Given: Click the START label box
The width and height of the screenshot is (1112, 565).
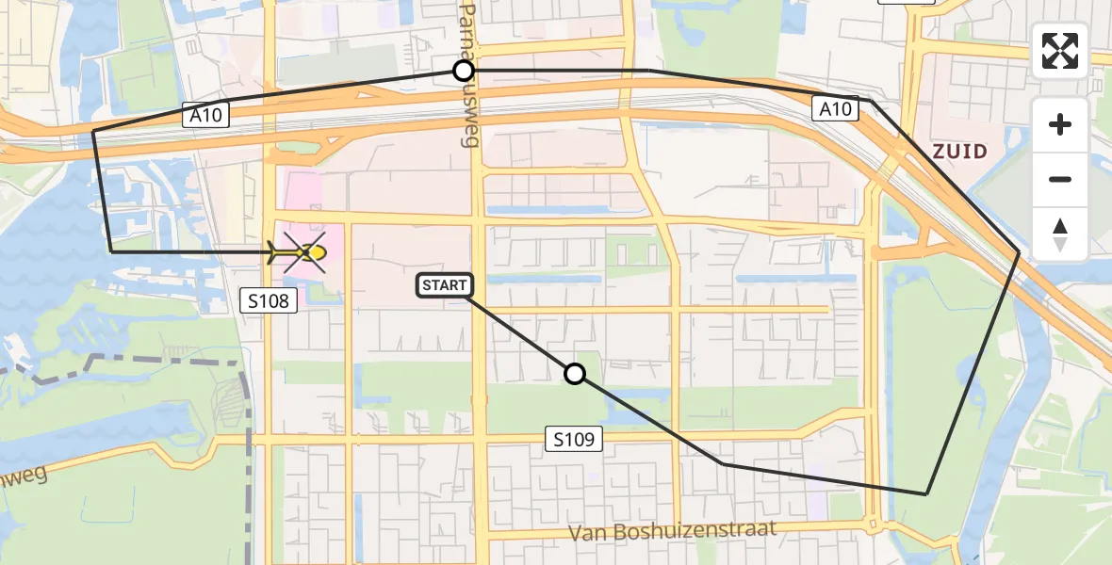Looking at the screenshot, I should click(443, 284).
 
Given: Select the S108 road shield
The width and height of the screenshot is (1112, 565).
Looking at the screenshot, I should click(269, 300).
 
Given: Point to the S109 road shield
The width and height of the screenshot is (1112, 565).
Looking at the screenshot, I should click(573, 438).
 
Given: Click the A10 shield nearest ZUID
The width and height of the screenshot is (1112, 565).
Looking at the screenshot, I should click(835, 109).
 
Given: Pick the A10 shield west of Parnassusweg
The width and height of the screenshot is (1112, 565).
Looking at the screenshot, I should click(204, 116).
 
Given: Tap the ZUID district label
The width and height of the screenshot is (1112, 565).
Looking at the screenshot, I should click(959, 152).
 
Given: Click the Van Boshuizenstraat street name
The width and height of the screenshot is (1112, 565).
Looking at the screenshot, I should click(672, 531).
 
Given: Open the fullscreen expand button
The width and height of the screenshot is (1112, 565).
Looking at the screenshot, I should click(1060, 51).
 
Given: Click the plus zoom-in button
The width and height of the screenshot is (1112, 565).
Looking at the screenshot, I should click(1060, 124).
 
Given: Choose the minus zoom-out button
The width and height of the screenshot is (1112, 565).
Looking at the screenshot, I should click(1060, 179).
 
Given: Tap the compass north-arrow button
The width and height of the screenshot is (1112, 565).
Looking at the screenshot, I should click(1060, 234).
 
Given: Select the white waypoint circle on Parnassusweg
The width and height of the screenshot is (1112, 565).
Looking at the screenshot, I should click(463, 71).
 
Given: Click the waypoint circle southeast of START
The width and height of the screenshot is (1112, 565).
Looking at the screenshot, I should click(575, 374).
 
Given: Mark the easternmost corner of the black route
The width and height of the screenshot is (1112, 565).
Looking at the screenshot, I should click(1019, 252).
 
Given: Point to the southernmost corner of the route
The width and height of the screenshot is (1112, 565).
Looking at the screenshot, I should click(926, 493).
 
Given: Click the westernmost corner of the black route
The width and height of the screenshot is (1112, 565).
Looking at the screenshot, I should click(93, 132).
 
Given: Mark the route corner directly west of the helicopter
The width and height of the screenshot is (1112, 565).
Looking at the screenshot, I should click(111, 251).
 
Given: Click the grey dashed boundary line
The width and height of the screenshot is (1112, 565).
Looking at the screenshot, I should click(141, 362).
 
